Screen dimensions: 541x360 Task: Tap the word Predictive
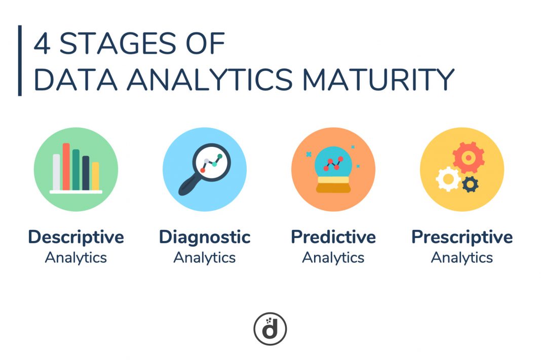pyautogui.click(x=333, y=237)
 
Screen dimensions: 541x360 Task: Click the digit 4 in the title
pyautogui.click(x=42, y=44)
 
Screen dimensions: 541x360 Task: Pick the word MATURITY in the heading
pyautogui.click(x=378, y=79)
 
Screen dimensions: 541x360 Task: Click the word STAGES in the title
pyautogui.click(x=118, y=44)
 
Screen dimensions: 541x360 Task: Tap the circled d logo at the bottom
pyautogui.click(x=270, y=329)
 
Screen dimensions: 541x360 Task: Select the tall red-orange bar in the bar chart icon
pyautogui.click(x=66, y=167)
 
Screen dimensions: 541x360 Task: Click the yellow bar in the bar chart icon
pyautogui.click(x=95, y=176)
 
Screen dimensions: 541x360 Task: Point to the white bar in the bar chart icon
pyautogui.click(x=56, y=172)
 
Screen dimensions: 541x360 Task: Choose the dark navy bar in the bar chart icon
pyautogui.click(x=86, y=173)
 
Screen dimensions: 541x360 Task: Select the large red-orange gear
pyautogui.click(x=469, y=157)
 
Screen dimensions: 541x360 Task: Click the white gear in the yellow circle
pyautogui.click(x=448, y=179)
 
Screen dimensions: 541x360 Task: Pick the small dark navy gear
pyautogui.click(x=470, y=184)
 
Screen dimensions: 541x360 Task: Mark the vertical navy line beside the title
pyautogui.click(x=20, y=61)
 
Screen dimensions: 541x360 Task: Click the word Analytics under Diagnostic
pyautogui.click(x=205, y=258)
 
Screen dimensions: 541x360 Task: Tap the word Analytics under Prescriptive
pyautogui.click(x=462, y=258)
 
